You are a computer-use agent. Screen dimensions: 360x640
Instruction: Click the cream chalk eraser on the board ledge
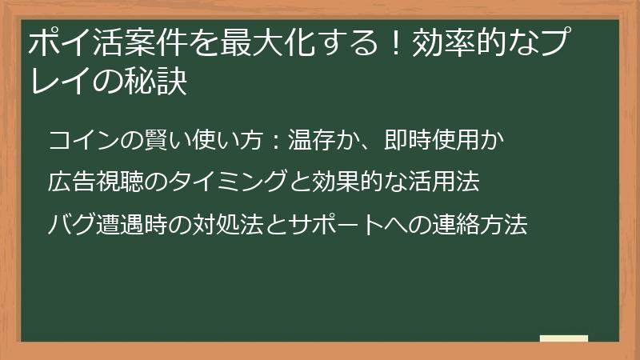pos(564,339)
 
